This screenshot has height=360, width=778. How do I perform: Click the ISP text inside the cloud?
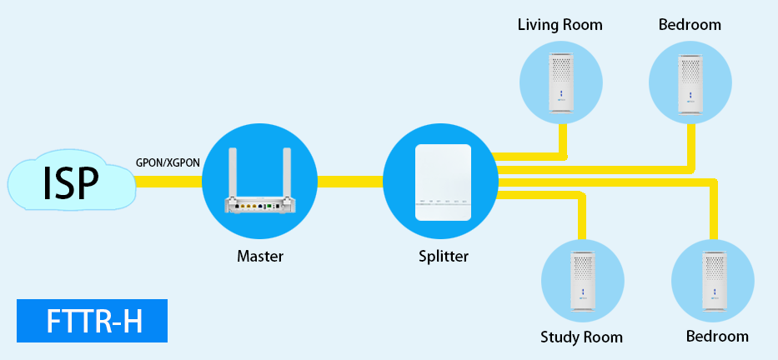(x=71, y=182)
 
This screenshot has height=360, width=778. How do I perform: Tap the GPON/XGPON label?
(x=168, y=162)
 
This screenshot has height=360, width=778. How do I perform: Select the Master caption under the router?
(x=259, y=257)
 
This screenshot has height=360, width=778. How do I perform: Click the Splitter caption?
(x=443, y=257)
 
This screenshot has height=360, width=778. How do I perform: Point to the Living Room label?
(x=560, y=25)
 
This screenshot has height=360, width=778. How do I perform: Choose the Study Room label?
(x=581, y=337)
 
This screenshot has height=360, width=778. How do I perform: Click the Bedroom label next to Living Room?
(x=690, y=25)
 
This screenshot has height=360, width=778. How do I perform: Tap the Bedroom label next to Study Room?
(x=717, y=337)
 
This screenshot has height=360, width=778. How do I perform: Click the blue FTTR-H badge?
(x=92, y=321)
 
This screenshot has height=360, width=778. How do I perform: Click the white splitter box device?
(x=443, y=182)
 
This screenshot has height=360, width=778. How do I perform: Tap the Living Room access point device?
(x=561, y=82)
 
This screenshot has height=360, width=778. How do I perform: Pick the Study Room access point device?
(x=583, y=282)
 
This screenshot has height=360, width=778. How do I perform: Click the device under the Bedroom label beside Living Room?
(x=690, y=82)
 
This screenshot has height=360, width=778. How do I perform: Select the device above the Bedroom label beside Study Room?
(x=714, y=282)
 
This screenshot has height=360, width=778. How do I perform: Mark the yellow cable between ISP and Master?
(x=168, y=181)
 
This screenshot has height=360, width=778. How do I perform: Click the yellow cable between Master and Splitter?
(x=349, y=181)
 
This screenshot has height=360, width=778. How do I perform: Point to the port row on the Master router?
(x=260, y=205)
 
